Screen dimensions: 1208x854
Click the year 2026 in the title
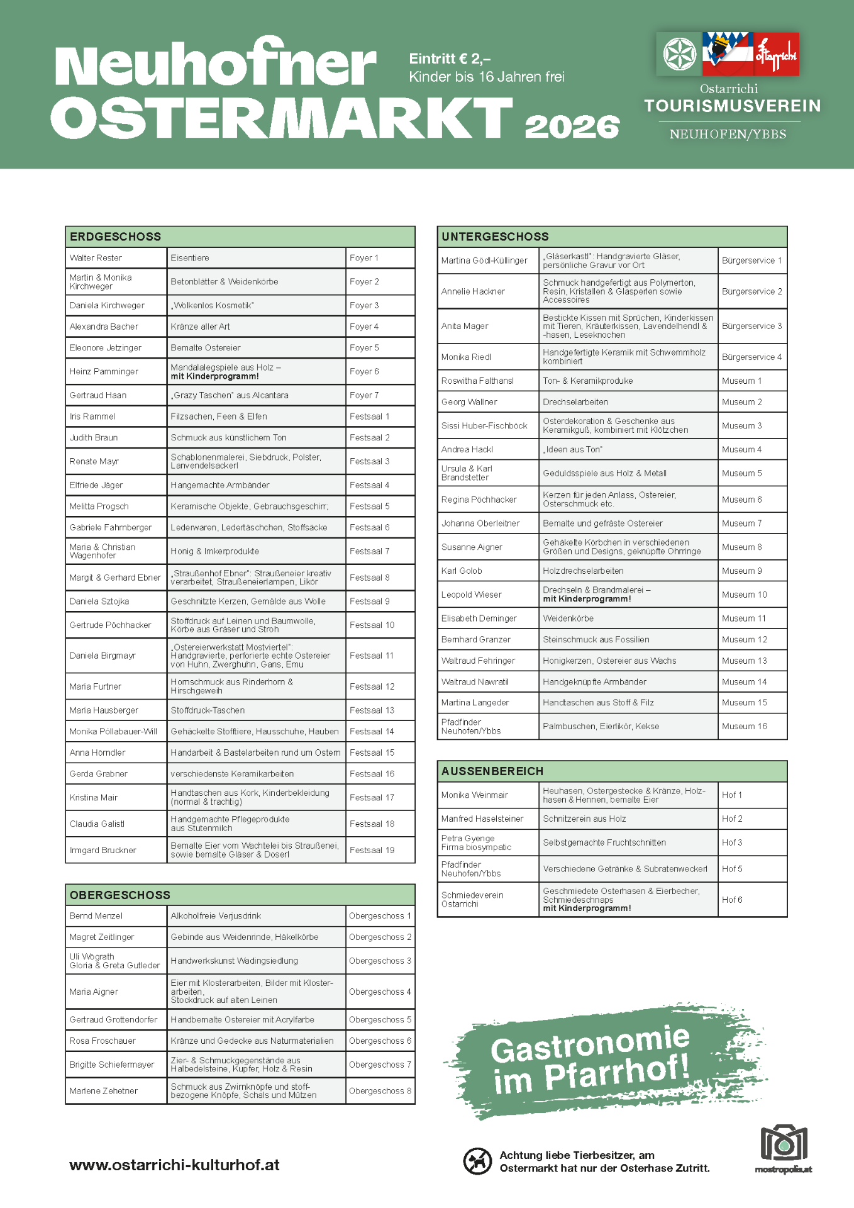(572, 126)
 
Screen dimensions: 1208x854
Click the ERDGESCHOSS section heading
(116, 237)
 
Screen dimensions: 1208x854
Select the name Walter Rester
(96, 258)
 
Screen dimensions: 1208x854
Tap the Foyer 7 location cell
(364, 395)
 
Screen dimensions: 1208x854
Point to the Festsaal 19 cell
(372, 850)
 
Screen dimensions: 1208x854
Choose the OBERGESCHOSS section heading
(120, 895)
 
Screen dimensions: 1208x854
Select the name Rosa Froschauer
(103, 1041)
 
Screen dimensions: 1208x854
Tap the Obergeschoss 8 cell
(380, 1091)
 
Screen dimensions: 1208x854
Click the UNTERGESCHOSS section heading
(495, 237)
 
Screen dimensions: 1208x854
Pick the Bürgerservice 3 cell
(751, 326)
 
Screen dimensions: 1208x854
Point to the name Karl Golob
(462, 571)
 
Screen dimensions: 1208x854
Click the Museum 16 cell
(745, 726)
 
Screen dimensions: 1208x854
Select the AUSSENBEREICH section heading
(492, 771)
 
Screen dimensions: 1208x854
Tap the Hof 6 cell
(732, 900)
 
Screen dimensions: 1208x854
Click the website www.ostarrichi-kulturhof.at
(174, 1165)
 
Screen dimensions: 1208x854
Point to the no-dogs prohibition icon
(477, 1161)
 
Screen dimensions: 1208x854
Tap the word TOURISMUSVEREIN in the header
(733, 106)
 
